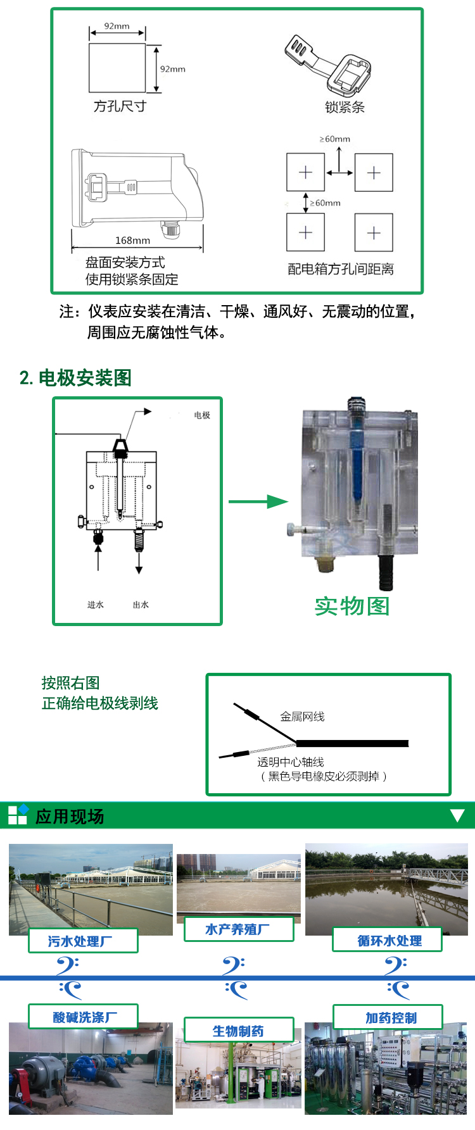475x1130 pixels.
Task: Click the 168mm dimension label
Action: point(132,241)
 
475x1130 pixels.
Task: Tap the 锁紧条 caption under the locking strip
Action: point(345,107)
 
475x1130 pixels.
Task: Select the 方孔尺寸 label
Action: point(120,106)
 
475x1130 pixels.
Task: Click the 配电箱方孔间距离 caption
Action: point(341,269)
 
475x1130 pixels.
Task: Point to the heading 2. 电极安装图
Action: point(75,378)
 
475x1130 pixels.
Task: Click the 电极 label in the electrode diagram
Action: point(202,415)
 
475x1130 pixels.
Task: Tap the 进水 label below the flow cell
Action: point(96,605)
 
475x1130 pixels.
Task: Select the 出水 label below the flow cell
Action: point(141,605)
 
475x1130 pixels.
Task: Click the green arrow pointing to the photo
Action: point(258,502)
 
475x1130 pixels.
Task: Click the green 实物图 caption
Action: point(352,606)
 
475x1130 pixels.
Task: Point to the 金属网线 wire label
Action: point(302,717)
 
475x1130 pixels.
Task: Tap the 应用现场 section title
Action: point(70,817)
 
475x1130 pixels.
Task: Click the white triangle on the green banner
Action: point(457,815)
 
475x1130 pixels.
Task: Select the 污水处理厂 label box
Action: point(83,941)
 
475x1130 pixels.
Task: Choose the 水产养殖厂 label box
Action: point(239,929)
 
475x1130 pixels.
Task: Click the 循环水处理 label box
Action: point(387,940)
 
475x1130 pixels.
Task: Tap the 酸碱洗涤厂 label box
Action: point(83,1017)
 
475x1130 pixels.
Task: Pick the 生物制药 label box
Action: point(239,1030)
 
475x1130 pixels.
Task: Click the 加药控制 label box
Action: point(388,1017)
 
